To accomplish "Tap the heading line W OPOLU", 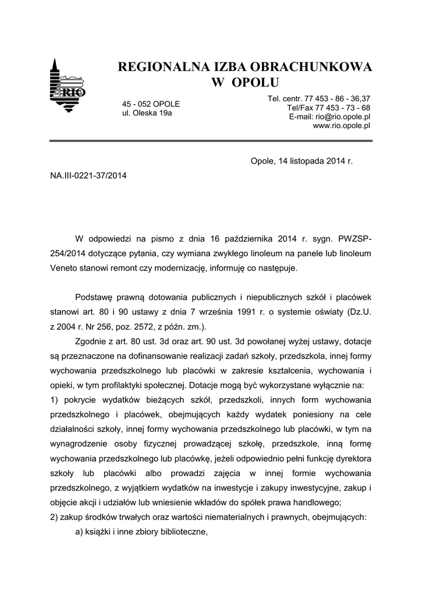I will click(x=244, y=82).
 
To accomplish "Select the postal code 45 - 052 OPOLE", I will click(x=151, y=104).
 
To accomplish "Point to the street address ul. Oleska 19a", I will click(x=147, y=113).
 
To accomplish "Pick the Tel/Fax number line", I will click(x=328, y=108).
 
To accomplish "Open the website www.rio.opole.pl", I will click(x=342, y=125).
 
